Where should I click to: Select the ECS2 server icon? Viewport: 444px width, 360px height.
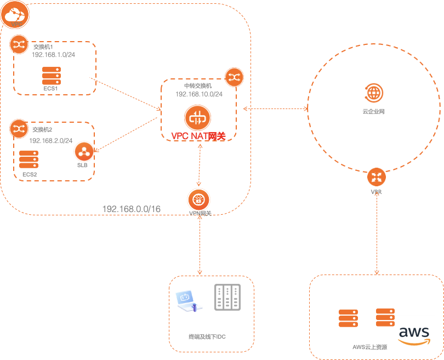28,159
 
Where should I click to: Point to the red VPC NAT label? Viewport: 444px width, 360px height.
198,136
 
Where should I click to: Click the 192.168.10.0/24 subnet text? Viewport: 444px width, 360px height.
198,94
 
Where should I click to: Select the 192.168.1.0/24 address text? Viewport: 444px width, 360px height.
54,55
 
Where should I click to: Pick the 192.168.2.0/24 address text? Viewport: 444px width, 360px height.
51,140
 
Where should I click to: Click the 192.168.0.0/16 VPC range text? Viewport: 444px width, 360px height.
132,209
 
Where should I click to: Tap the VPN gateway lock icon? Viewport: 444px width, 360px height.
199,199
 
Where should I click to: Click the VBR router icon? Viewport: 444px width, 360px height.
376,176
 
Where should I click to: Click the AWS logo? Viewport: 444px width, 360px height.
414,335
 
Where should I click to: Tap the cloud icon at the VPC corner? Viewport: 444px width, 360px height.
13,16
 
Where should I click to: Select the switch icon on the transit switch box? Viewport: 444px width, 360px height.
235,78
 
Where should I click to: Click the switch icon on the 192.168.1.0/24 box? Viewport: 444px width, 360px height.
19,44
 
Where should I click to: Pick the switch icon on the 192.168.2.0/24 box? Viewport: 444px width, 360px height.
19,129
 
